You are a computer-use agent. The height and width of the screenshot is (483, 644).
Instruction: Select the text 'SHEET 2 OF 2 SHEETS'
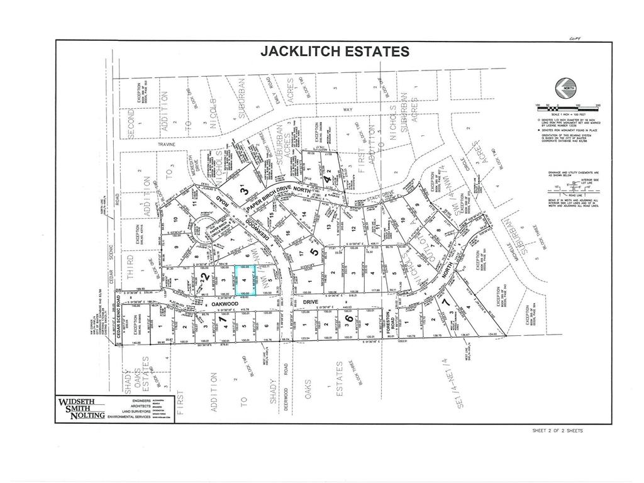click(558, 431)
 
